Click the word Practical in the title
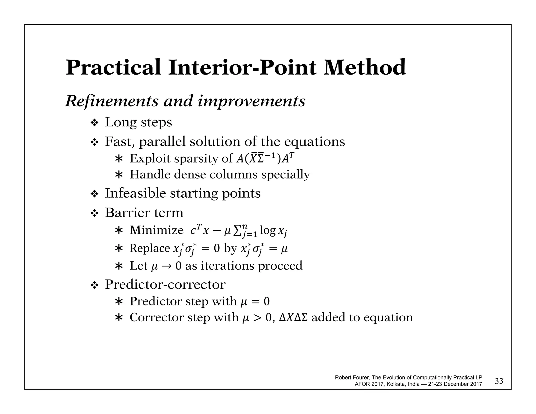pos(113,68)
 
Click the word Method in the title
pos(365,68)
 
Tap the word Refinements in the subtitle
pos(111,101)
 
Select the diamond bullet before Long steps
pos(94,123)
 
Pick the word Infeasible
pos(135,193)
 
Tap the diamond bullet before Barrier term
pos(94,214)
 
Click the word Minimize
pos(156,230)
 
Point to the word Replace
pos(150,248)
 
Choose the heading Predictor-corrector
pos(165,284)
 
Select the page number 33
pos(499,381)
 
